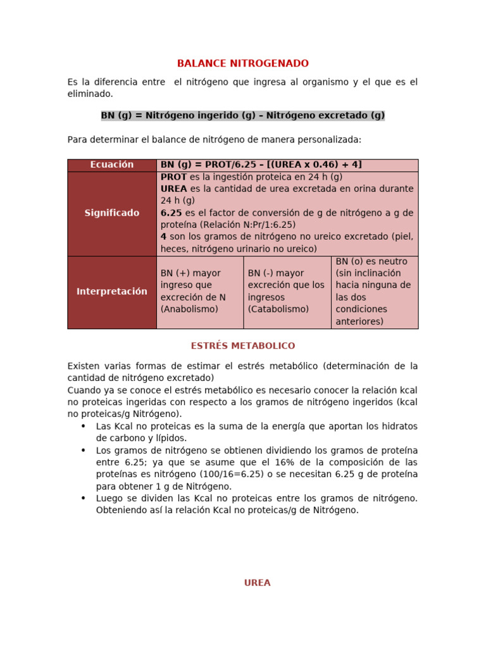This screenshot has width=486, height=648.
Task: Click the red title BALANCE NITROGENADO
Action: point(243,63)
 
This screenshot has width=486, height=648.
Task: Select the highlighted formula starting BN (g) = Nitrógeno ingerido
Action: point(243,115)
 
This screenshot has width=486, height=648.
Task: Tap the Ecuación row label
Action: point(112,165)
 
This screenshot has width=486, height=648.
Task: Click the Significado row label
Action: point(112,213)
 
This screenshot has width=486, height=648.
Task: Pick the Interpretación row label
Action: point(112,292)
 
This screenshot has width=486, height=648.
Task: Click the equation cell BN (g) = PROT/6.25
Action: point(261,165)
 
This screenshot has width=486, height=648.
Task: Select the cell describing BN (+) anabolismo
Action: point(199,292)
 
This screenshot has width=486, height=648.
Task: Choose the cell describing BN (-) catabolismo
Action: point(287,292)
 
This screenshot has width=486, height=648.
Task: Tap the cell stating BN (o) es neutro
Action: point(374,292)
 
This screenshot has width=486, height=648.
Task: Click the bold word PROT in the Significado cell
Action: point(174,177)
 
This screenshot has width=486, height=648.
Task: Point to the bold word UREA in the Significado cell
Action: point(174,189)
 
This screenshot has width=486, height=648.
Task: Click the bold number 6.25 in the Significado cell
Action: point(171,213)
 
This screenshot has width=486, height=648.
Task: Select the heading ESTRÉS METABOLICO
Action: point(243,346)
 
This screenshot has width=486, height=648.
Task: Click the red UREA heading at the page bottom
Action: point(258,583)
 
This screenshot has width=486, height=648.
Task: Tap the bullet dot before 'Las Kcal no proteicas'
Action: point(83,426)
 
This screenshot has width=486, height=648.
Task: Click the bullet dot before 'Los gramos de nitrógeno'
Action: point(83,450)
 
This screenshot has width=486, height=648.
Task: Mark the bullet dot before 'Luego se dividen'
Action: point(83,498)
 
